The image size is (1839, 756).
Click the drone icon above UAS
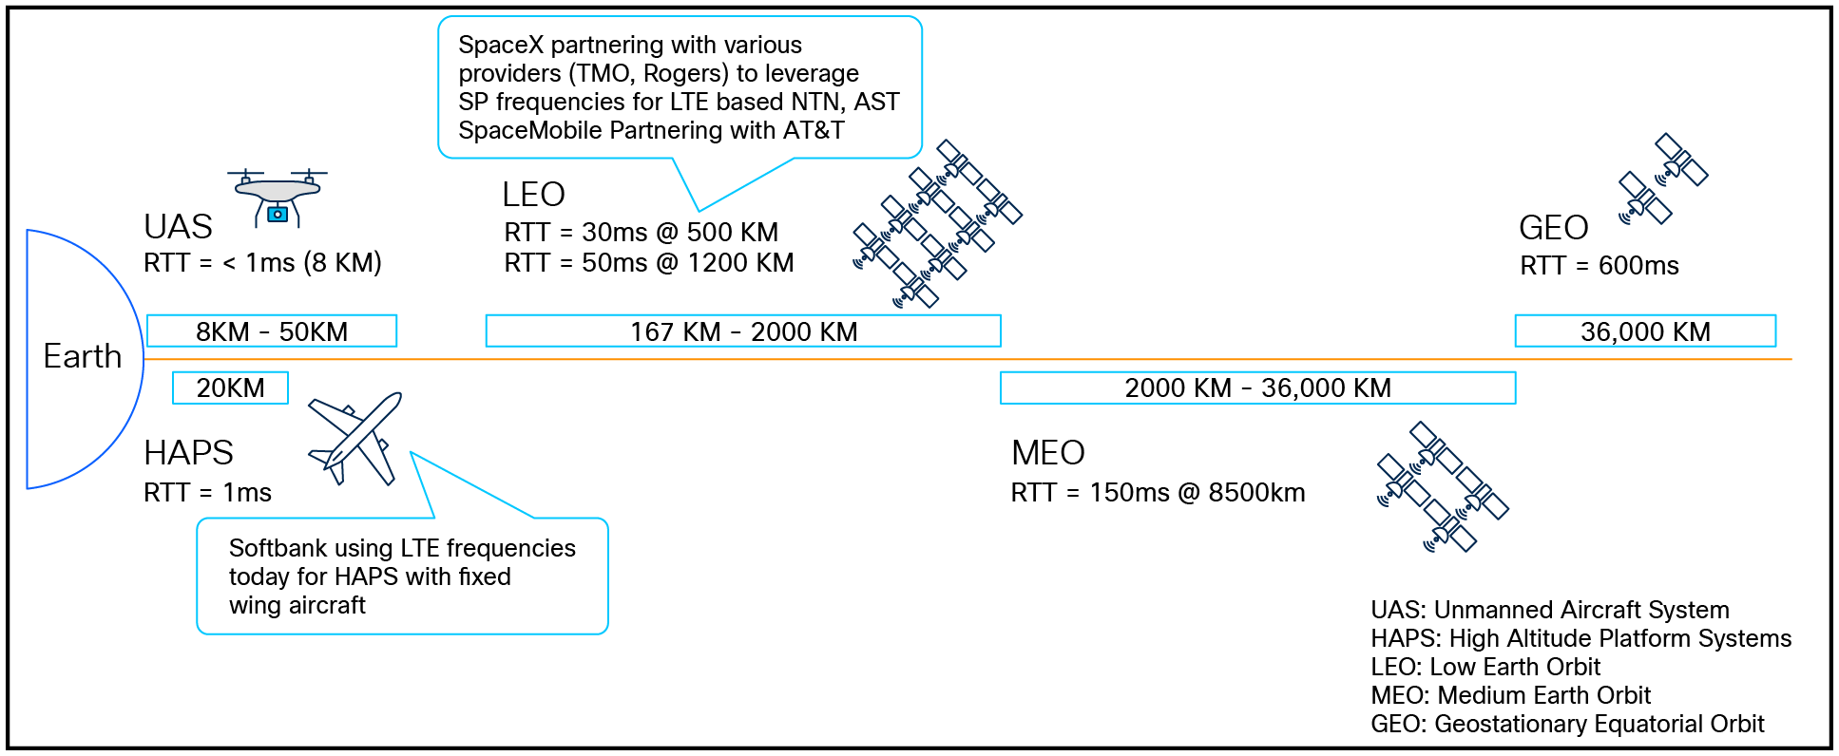pyautogui.click(x=278, y=198)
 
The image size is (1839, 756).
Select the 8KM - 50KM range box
pyautogui.click(x=272, y=331)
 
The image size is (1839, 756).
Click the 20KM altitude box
pyautogui.click(x=230, y=387)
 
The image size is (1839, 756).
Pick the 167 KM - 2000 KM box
pyautogui.click(x=742, y=331)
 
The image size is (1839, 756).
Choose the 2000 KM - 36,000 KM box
pyautogui.click(x=1256, y=387)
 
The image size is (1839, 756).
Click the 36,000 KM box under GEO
pyautogui.click(x=1644, y=331)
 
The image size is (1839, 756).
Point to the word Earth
pyautogui.click(x=83, y=356)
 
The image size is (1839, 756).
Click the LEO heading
pyautogui.click(x=533, y=195)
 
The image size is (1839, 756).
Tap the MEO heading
pyautogui.click(x=1047, y=453)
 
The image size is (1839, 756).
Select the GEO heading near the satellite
pyautogui.click(x=1553, y=228)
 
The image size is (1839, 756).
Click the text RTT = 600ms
pyautogui.click(x=1599, y=266)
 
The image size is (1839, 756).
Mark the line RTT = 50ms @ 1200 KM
pyautogui.click(x=648, y=263)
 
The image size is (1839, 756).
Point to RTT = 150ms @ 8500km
pyautogui.click(x=1158, y=493)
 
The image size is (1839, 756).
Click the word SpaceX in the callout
pyautogui.click(x=500, y=45)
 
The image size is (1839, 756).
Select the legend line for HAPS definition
pyautogui.click(x=1580, y=638)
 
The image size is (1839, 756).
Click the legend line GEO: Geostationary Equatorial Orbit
pyautogui.click(x=1566, y=724)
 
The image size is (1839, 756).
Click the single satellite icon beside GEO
pyautogui.click(x=1663, y=180)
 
